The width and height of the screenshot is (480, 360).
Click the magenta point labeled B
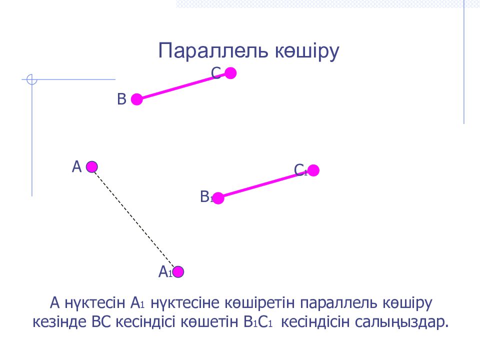137,99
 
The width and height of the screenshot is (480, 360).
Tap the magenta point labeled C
230,73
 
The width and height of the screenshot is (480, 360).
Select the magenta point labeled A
92,167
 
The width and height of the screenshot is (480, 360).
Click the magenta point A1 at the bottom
178,271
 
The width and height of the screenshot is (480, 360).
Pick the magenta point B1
218,198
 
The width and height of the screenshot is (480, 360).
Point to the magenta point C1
313,170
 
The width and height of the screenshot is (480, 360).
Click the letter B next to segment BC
122,99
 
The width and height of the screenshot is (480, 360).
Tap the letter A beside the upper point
77,167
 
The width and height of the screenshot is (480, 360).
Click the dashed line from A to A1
135,219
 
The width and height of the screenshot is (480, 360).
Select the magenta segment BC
183,86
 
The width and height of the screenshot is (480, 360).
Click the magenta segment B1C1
265,184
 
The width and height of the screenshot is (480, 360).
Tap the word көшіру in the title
307,51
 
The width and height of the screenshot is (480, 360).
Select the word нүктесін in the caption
95,303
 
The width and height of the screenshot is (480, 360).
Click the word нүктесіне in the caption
185,303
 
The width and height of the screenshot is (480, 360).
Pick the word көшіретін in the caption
260,303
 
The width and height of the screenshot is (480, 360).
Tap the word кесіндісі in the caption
145,321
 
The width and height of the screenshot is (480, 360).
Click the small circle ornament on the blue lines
32,79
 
